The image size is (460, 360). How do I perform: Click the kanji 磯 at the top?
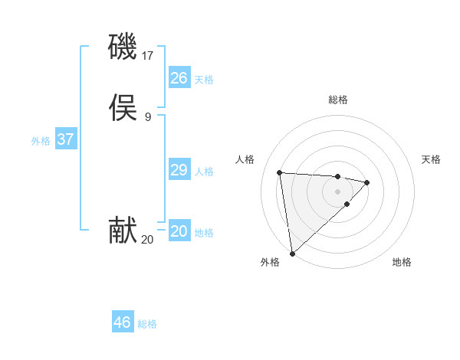[123, 47]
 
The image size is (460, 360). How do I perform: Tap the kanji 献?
[123, 231]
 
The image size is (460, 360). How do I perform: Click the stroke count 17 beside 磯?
[147, 56]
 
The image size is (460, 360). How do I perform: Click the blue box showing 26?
[179, 78]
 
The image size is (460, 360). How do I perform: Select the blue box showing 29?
[179, 170]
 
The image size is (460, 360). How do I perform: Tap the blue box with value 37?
[65, 139]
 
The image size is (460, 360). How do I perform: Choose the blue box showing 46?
[122, 322]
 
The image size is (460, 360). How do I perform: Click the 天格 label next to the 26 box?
[204, 80]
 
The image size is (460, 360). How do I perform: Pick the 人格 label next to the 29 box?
[204, 172]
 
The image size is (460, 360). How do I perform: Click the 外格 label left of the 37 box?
[41, 141]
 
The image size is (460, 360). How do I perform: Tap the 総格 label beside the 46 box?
[147, 324]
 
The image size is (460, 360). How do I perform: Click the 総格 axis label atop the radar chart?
[337, 100]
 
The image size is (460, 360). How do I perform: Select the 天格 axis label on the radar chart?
[431, 159]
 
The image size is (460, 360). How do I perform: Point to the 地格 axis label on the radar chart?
[402, 262]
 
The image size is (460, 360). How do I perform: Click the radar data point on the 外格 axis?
[292, 253]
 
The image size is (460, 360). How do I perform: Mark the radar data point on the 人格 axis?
[280, 172]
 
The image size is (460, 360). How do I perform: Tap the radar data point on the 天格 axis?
[367, 182]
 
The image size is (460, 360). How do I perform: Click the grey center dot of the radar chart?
[337, 191]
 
